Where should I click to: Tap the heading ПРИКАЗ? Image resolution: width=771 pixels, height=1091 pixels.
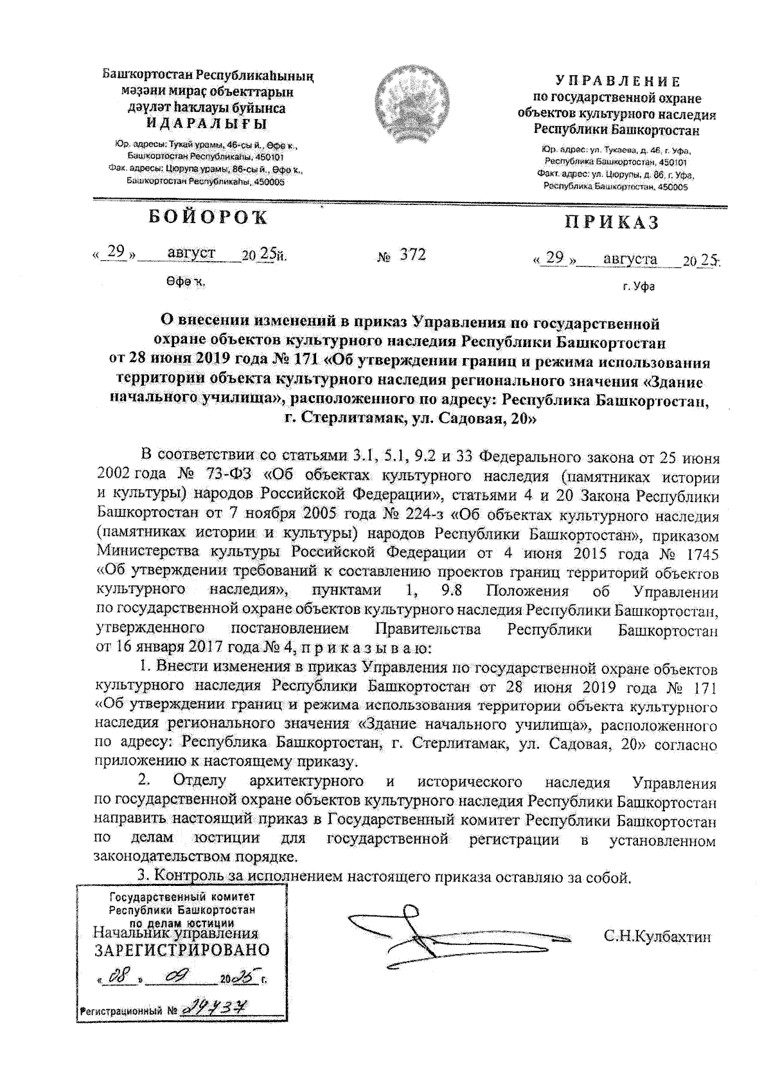pyautogui.click(x=612, y=223)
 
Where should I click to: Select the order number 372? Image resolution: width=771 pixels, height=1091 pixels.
pyautogui.click(x=412, y=255)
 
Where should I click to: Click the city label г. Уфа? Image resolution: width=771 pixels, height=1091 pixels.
pyautogui.click(x=639, y=287)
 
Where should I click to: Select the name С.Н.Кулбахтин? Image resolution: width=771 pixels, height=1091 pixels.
pyautogui.click(x=657, y=936)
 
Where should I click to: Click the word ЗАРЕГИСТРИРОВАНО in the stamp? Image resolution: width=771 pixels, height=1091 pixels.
pyautogui.click(x=182, y=950)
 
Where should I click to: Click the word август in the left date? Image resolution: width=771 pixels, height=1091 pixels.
pyautogui.click(x=191, y=253)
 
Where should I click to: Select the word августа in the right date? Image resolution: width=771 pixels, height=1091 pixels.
pyautogui.click(x=630, y=259)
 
